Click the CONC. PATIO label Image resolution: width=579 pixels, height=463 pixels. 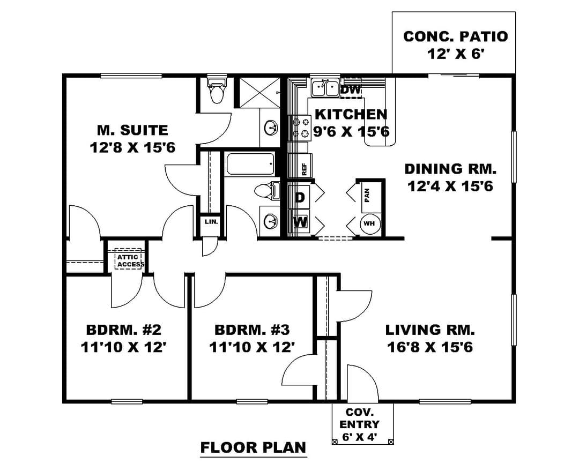[455, 36]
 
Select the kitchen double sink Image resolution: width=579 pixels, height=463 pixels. [324, 88]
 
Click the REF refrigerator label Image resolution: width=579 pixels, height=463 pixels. [305, 169]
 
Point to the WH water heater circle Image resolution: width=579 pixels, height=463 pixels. [369, 223]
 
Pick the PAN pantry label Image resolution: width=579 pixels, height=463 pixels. [367, 196]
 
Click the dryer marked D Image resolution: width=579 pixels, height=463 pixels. [300, 197]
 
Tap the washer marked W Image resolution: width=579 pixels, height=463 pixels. [300, 222]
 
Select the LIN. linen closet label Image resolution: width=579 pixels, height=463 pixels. [211, 222]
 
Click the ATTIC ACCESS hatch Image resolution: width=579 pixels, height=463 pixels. [128, 259]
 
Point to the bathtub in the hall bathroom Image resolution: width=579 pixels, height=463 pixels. [250, 165]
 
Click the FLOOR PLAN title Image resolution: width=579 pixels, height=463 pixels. [253, 447]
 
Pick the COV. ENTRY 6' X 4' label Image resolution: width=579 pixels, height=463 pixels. [359, 424]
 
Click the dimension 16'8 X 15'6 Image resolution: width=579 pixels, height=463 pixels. [430, 347]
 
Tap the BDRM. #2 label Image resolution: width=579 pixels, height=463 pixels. [124, 330]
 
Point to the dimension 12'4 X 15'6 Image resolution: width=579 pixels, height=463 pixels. [450, 186]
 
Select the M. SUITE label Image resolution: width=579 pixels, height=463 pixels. [132, 130]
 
